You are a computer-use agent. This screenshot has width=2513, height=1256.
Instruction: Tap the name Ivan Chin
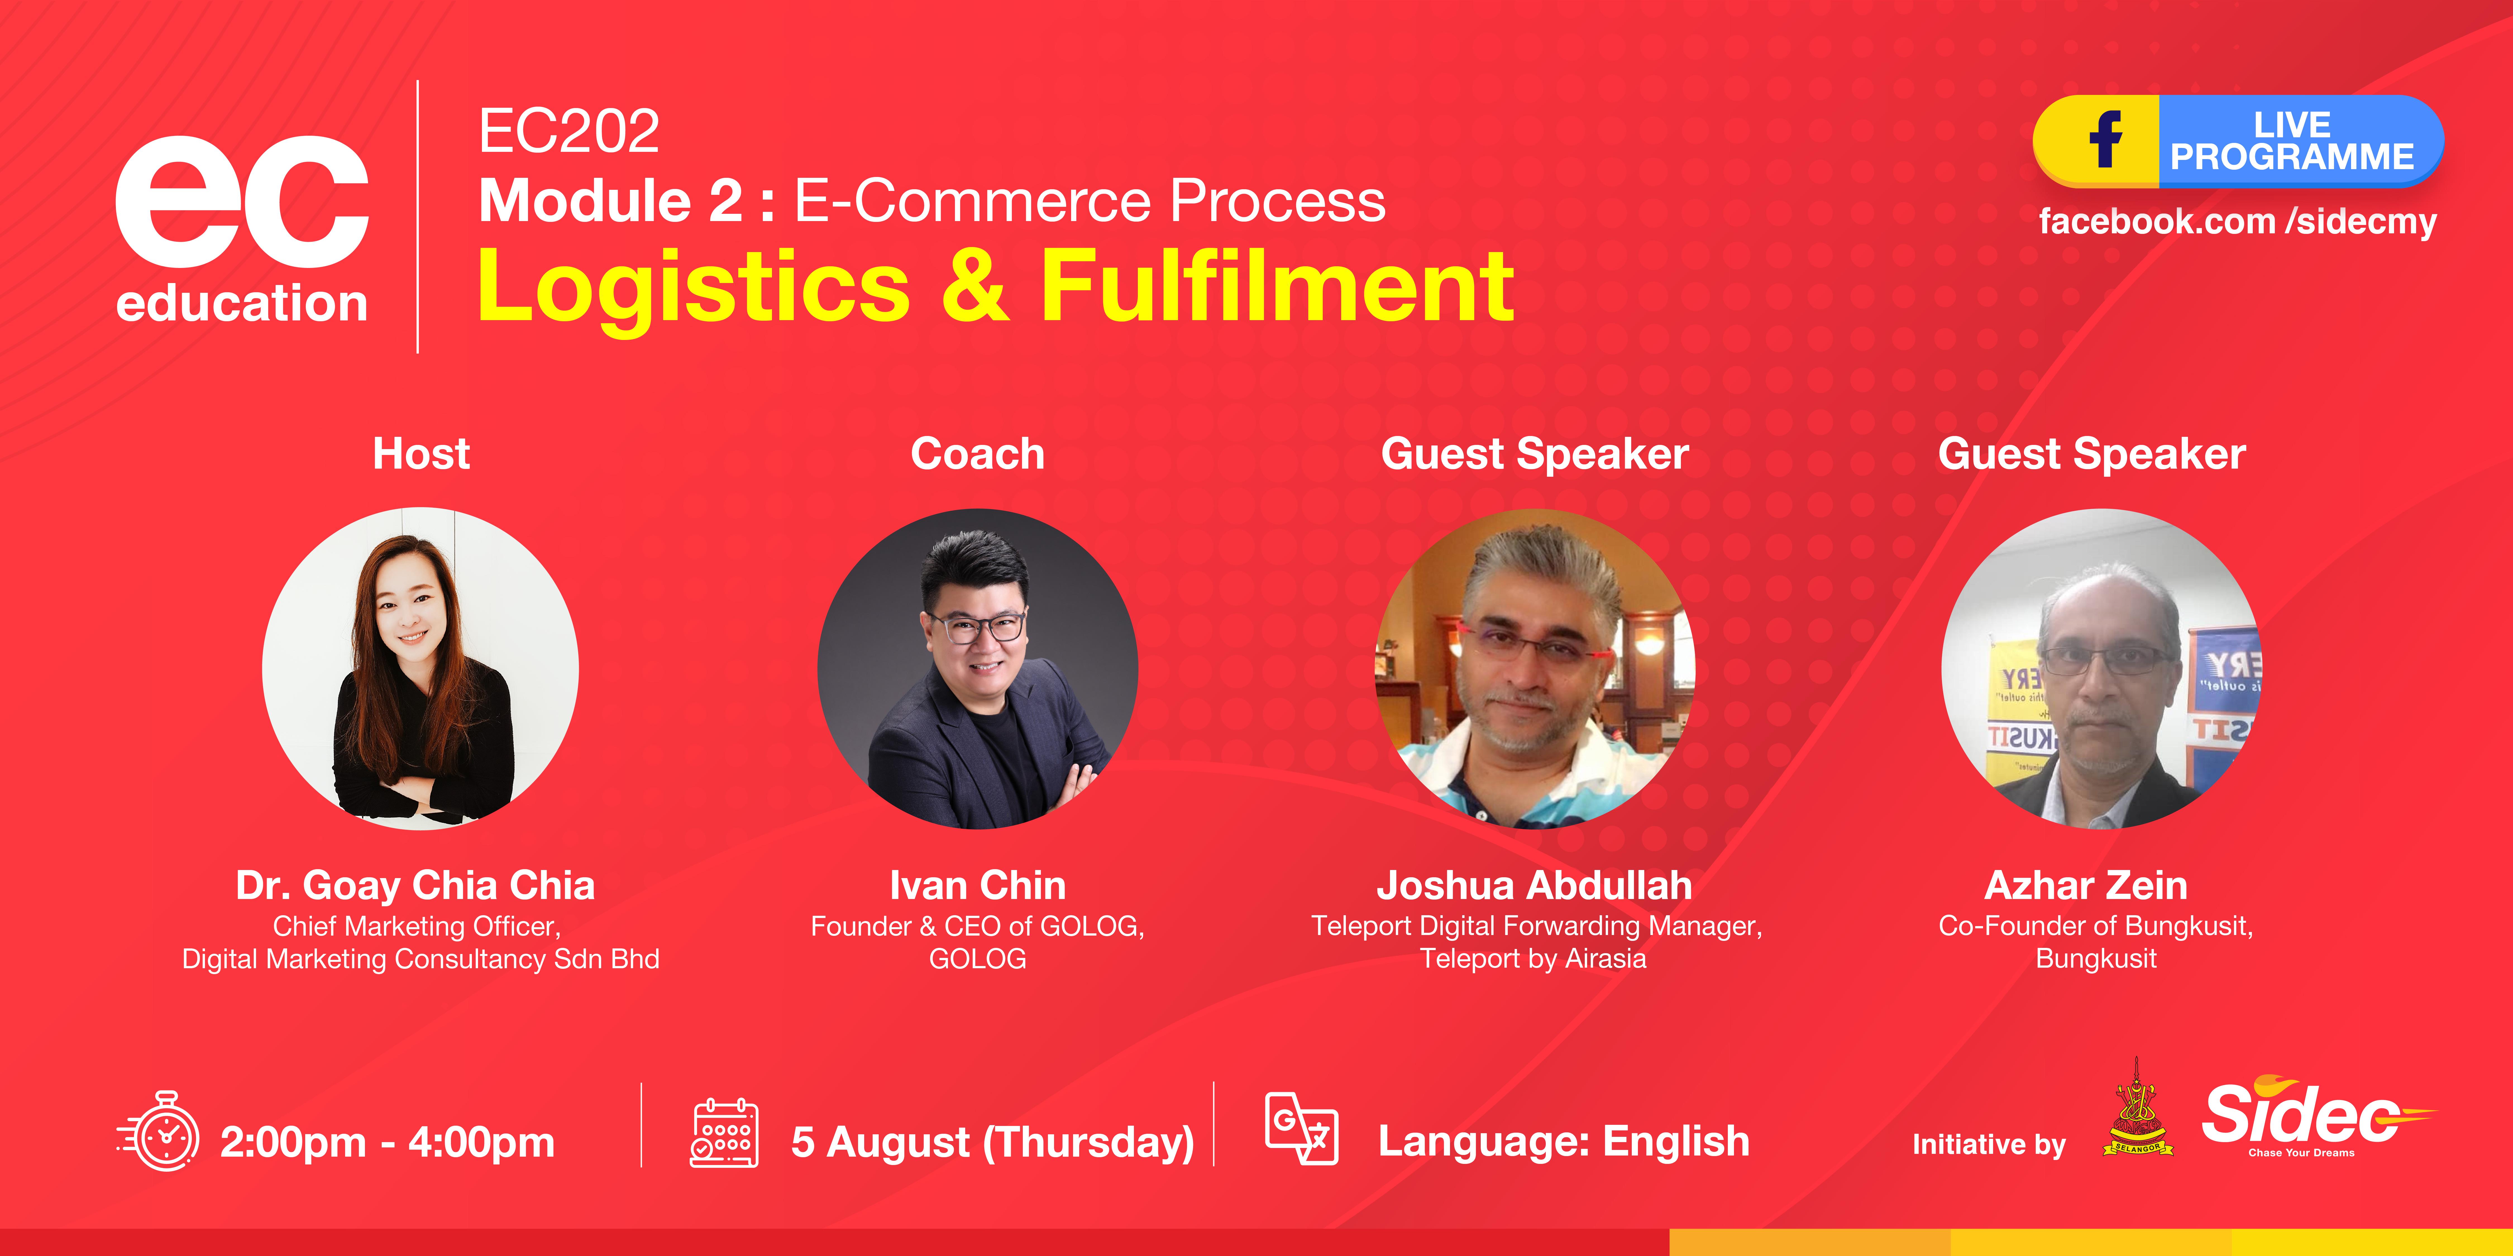click(x=978, y=885)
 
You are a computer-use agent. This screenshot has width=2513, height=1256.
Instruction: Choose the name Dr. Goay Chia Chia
click(x=415, y=885)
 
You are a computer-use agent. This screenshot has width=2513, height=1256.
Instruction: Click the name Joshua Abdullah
click(x=1533, y=885)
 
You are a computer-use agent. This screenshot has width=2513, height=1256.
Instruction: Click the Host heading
click(x=421, y=454)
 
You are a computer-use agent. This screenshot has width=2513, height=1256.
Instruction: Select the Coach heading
click(x=978, y=454)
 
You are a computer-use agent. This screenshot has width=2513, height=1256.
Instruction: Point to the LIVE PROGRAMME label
click(x=2292, y=142)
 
